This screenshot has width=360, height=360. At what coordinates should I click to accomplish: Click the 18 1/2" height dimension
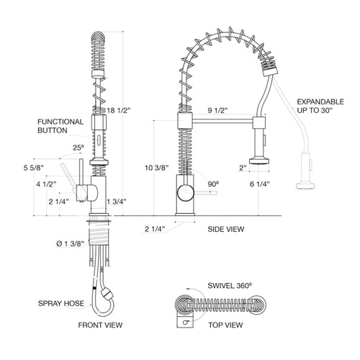tap(119, 111)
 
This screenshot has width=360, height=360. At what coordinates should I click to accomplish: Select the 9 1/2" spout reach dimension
tap(217, 110)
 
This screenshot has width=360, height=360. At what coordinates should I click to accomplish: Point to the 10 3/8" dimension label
tap(156, 168)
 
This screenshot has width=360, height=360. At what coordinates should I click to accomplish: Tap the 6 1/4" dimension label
tap(260, 184)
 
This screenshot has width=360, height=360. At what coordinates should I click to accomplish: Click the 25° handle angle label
tap(78, 148)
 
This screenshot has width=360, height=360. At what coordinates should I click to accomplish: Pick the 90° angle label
tap(213, 184)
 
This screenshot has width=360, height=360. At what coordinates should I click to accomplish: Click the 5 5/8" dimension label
tap(33, 168)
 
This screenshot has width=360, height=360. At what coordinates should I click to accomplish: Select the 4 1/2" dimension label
tap(46, 184)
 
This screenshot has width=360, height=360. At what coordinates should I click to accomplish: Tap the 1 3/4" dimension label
tap(117, 202)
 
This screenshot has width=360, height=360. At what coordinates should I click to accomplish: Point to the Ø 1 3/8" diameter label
tap(70, 243)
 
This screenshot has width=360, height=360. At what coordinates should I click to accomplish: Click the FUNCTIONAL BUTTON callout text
tap(60, 126)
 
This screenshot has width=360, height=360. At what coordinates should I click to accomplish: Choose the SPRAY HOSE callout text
tap(61, 303)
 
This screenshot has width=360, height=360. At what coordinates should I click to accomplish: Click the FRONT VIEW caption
tap(100, 325)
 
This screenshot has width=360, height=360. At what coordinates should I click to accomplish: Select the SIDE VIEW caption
tap(226, 229)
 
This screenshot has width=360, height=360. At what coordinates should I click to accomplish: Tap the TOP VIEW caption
tap(225, 325)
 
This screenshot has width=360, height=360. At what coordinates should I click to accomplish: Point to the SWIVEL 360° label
tap(230, 286)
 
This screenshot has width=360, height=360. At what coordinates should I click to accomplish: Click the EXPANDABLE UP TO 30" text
tap(320, 106)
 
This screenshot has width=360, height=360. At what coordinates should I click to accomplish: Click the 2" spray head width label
tap(243, 168)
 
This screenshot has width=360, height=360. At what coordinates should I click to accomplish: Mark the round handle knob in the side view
tap(186, 192)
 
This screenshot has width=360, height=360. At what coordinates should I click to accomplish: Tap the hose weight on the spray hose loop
tap(107, 294)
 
